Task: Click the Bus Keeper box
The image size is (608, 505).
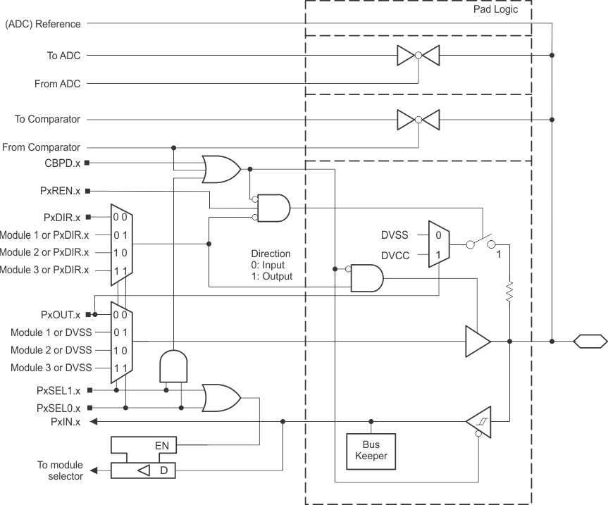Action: pyautogui.click(x=371, y=451)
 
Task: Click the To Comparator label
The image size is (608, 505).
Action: pyautogui.click(x=47, y=120)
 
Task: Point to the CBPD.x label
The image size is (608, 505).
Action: pyautogui.click(x=61, y=163)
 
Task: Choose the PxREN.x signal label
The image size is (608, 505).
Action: pyautogui.click(x=60, y=191)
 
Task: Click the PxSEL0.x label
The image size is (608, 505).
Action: pyautogui.click(x=58, y=408)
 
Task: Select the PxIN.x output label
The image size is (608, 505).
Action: pyautogui.click(x=65, y=422)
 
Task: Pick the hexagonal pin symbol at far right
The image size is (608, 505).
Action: pyautogui.click(x=590, y=342)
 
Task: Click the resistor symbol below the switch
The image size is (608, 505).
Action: pyautogui.click(x=509, y=291)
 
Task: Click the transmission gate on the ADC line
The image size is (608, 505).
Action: pyautogui.click(x=418, y=55)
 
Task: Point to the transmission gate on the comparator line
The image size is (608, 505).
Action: pyautogui.click(x=418, y=120)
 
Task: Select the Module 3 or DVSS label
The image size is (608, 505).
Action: pyautogui.click(x=51, y=368)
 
